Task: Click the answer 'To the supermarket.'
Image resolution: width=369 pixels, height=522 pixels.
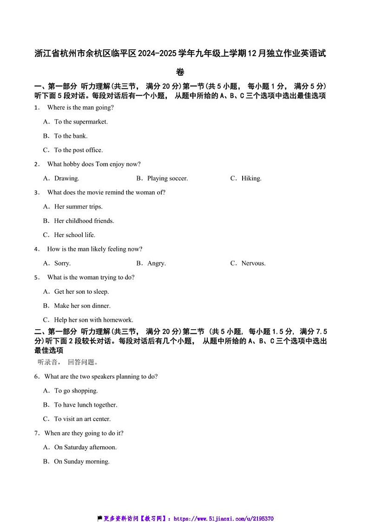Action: [81, 122]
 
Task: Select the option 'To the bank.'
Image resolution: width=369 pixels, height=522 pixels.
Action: [71, 136]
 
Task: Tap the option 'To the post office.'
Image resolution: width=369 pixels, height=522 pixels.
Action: [78, 150]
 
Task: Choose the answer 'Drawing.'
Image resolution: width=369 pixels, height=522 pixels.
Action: [66, 178]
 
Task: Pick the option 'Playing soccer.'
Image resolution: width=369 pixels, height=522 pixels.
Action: [167, 178]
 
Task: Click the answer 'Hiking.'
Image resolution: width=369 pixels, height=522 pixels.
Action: [251, 178]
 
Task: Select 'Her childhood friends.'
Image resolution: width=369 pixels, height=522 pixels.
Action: [84, 221]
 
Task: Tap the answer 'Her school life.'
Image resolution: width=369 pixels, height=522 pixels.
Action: [74, 235]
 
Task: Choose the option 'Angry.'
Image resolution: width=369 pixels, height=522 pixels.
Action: [156, 263]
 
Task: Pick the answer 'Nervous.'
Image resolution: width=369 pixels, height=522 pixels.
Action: [253, 263]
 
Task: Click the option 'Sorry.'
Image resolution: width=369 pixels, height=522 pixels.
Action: [62, 263]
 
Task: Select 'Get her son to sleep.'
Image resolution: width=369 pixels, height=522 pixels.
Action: [81, 292]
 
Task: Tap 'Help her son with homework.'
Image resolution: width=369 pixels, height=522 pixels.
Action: [93, 320]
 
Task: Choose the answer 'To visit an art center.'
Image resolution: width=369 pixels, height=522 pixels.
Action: [82, 419]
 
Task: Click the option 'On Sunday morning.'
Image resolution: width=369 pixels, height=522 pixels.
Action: [82, 462]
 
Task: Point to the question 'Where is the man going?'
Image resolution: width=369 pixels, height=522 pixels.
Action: [80, 108]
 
